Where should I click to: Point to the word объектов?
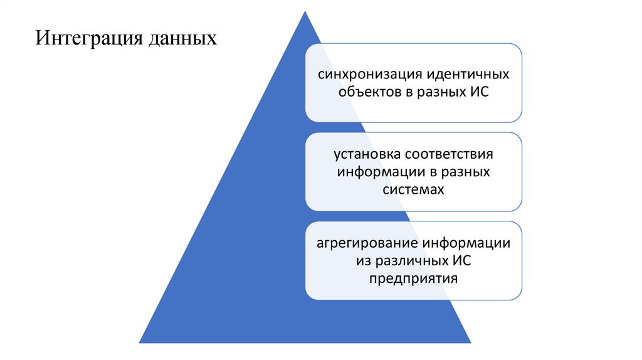369,92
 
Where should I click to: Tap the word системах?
414,189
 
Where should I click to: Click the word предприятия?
413,277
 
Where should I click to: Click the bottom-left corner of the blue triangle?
140,342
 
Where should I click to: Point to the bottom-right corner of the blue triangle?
470,342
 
